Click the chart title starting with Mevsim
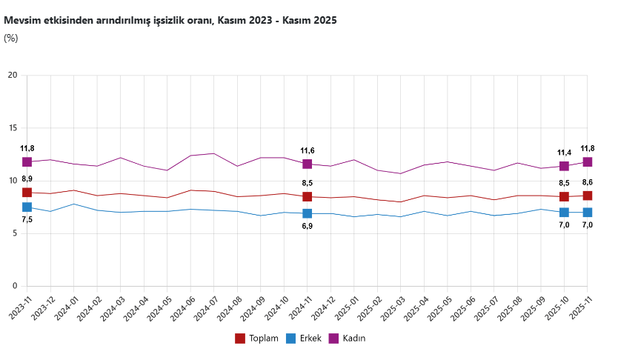point(170,21)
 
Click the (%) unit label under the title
point(11,39)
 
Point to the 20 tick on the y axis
point(13,75)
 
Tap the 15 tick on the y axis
point(13,128)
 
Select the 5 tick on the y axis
point(15,233)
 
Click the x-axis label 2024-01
point(67,307)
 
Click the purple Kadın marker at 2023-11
point(27,161)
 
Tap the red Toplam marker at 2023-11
point(27,193)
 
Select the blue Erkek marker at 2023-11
point(27,207)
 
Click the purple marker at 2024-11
point(307,164)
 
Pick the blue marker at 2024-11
point(307,213)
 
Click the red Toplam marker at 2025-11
point(587,196)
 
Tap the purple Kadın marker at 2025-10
point(564,166)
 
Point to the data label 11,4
point(564,153)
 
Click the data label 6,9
point(307,226)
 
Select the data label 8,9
point(27,179)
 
